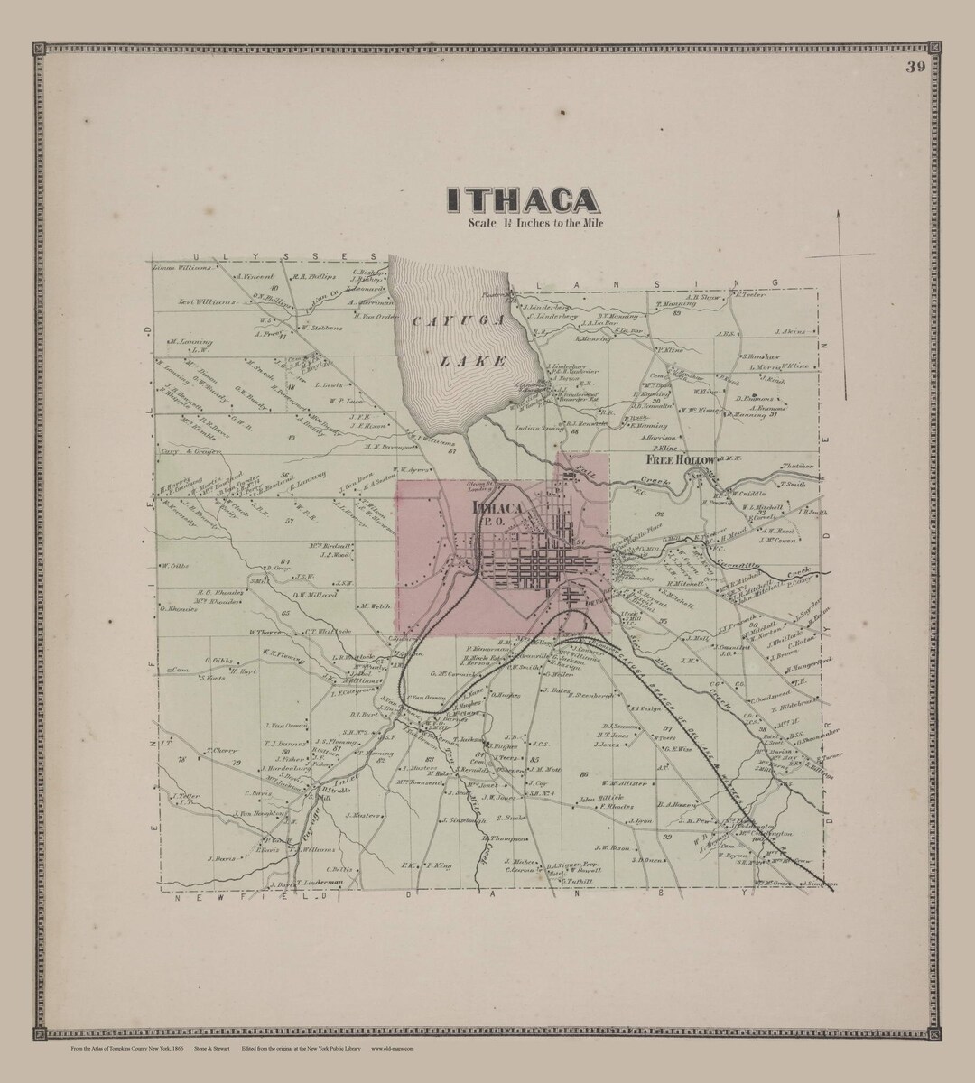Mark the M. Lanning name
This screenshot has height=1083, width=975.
[190, 342]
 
